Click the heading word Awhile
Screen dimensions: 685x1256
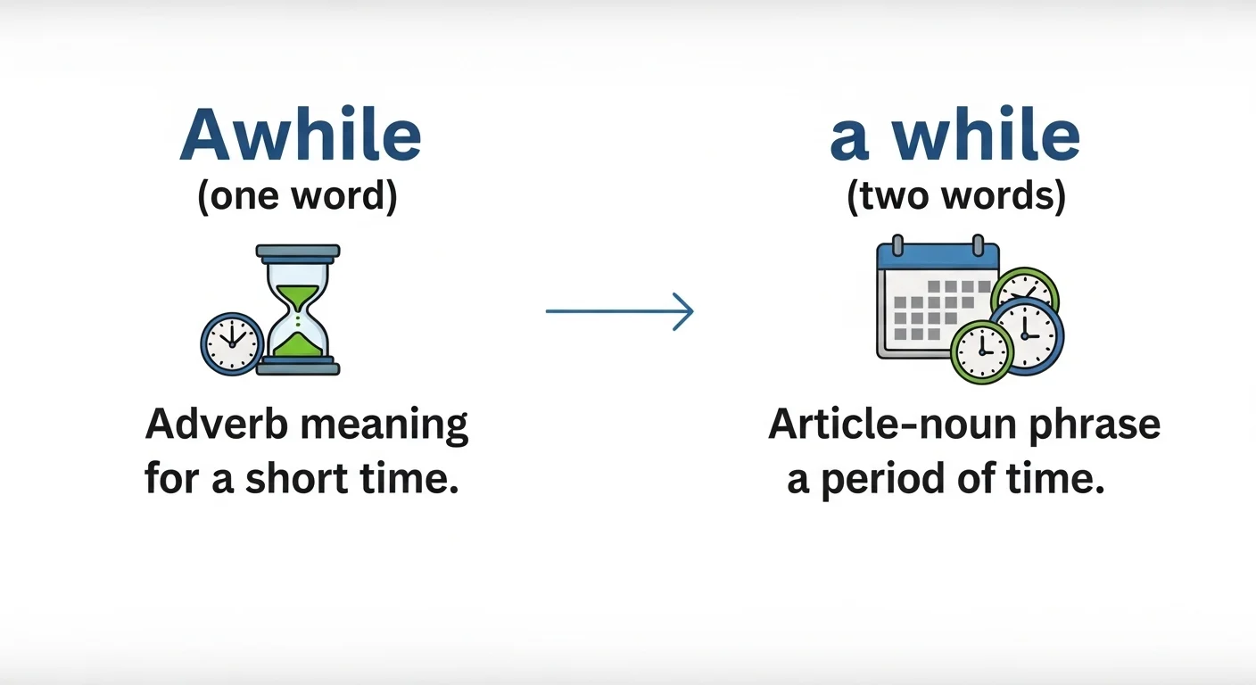(301, 136)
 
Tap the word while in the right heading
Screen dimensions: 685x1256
(987, 136)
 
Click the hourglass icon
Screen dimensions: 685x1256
(298, 309)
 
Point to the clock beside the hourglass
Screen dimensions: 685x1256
(231, 342)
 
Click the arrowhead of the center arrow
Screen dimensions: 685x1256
(684, 311)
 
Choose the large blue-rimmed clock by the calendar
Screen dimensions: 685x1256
(1027, 334)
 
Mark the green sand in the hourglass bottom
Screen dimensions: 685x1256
(298, 346)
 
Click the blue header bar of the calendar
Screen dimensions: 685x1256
(937, 257)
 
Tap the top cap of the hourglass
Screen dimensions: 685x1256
(298, 252)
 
